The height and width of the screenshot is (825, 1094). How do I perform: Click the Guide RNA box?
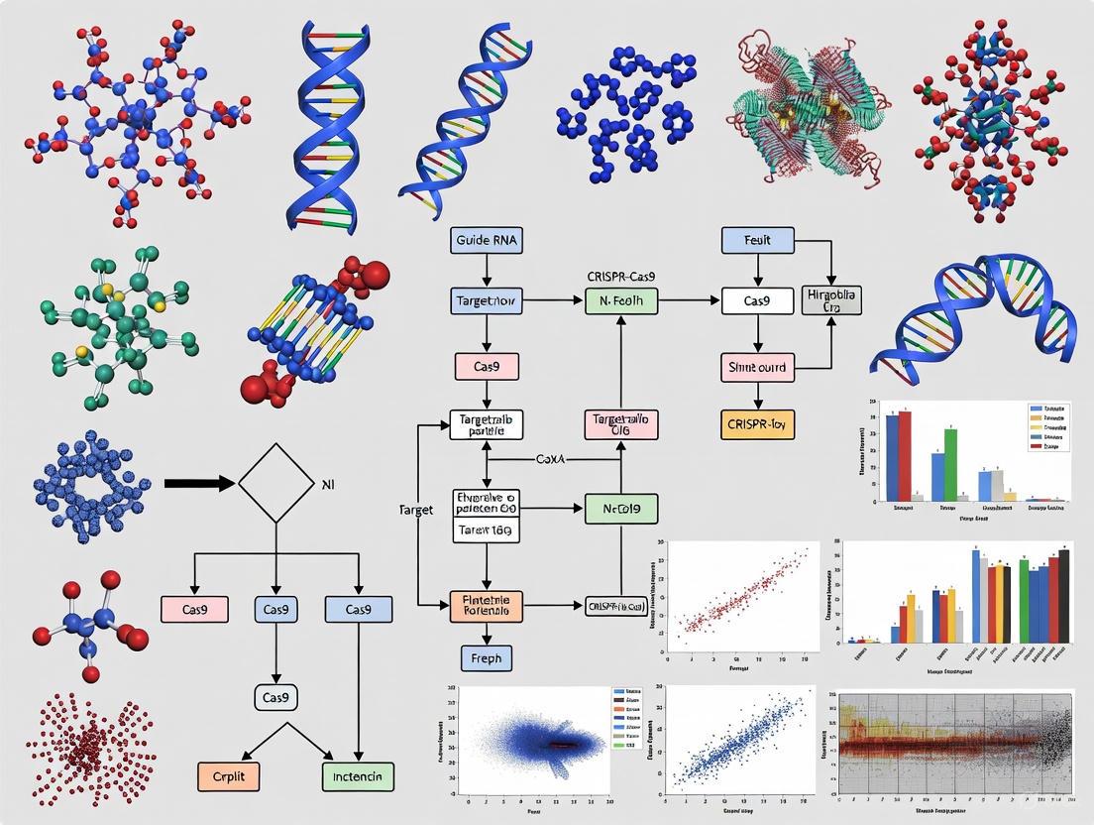(x=486, y=239)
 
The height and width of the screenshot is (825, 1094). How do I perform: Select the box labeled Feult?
(x=758, y=239)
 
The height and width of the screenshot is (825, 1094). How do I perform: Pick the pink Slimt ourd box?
(x=757, y=367)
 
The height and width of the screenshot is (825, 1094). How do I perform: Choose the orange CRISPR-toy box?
(x=757, y=423)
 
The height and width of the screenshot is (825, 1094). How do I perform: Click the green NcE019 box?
(x=621, y=510)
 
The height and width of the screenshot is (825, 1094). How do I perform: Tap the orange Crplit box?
(x=228, y=775)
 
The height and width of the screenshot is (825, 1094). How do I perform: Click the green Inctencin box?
(x=358, y=775)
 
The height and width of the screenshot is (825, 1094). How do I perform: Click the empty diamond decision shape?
(x=275, y=483)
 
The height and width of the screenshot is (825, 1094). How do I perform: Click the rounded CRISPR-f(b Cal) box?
(x=616, y=605)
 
